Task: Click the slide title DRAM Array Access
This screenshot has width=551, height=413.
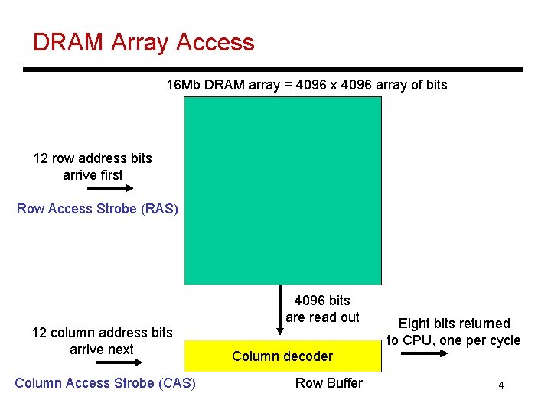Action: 143,42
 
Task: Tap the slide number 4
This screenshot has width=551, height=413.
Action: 500,385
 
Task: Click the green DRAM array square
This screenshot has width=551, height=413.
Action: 282,190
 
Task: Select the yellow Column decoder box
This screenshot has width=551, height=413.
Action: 282,356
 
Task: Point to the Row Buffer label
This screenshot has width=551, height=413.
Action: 329,382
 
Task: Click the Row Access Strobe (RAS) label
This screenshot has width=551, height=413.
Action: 97,208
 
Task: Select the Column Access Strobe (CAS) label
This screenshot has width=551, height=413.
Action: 105,382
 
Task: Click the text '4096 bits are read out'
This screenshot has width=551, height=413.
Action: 322,309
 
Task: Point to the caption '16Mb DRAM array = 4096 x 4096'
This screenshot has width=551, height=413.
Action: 307,85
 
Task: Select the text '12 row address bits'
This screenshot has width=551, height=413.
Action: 93,158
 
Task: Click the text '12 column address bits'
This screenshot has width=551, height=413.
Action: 102,333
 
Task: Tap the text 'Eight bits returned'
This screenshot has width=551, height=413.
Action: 454,324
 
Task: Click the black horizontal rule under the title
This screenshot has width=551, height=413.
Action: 273,69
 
